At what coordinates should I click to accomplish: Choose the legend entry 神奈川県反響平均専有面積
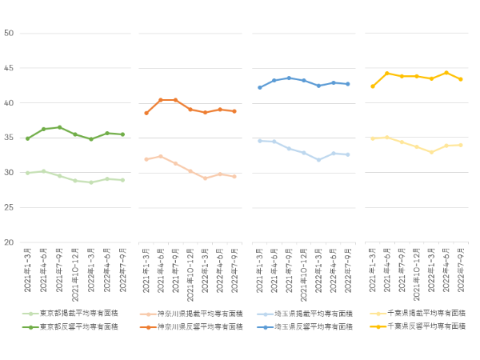point(196,326)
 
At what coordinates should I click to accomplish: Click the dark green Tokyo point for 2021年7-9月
point(59,127)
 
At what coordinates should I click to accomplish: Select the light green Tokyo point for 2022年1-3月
point(91,182)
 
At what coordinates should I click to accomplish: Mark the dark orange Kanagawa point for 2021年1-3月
point(146,113)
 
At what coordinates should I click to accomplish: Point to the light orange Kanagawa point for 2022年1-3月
point(206,178)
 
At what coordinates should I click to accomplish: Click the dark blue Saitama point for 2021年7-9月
point(289,78)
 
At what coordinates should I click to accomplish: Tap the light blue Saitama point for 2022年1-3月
point(318,160)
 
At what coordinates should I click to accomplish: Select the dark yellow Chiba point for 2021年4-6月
point(387,74)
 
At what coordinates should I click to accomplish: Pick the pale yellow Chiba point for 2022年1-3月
point(432,152)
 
